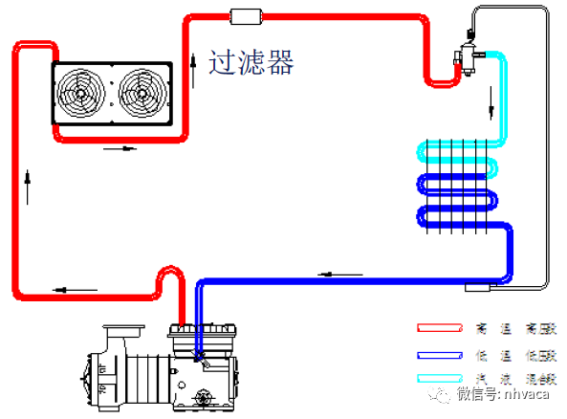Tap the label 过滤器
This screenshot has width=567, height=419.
[x=251, y=63]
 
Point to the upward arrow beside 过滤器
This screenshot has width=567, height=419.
[x=195, y=67]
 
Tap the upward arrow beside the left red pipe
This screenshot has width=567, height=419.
[x=29, y=187]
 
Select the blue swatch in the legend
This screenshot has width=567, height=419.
[x=436, y=355]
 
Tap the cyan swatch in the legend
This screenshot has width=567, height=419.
[x=436, y=379]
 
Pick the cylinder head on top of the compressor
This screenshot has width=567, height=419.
[x=202, y=333]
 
